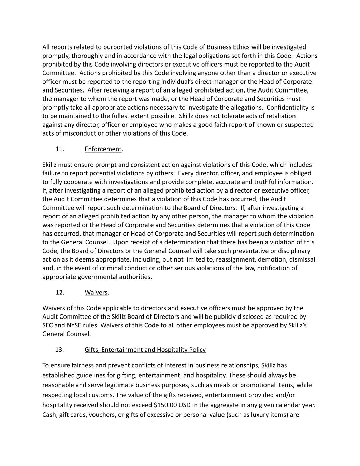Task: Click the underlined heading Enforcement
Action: tap(103, 149)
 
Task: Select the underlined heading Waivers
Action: tap(96, 293)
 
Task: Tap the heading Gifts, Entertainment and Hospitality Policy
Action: tap(145, 350)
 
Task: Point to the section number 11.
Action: tap(60, 149)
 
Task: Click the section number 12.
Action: tap(60, 293)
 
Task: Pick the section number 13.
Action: tap(60, 350)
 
